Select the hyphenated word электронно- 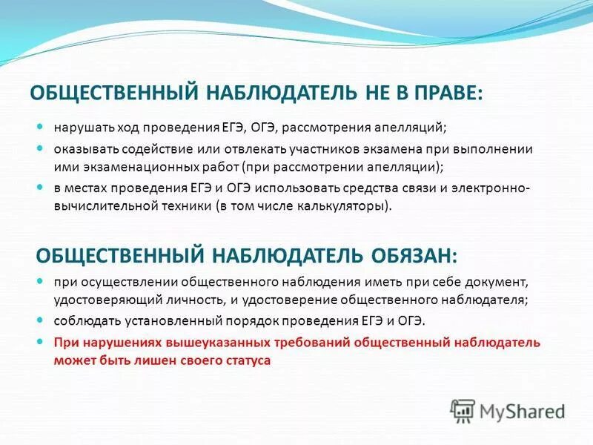[x=491, y=189]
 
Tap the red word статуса [x=246, y=360]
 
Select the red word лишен [x=160, y=360]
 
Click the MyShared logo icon [x=463, y=409]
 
